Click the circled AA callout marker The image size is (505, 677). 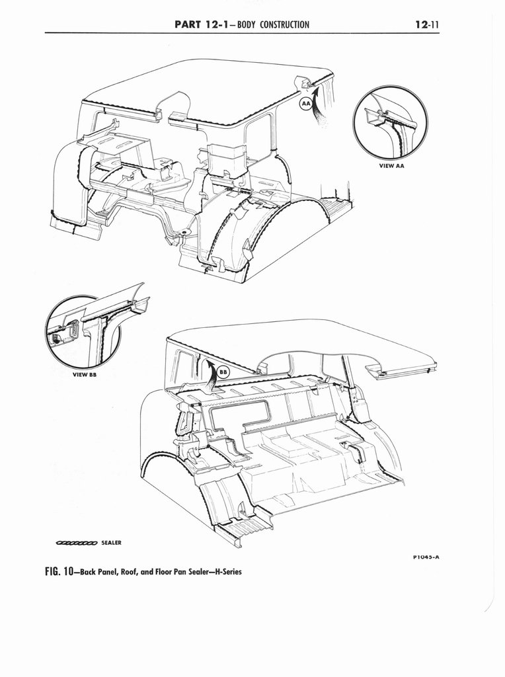pyautogui.click(x=305, y=104)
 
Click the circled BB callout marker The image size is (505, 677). pyautogui.click(x=223, y=372)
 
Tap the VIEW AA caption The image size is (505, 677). pyautogui.click(x=391, y=166)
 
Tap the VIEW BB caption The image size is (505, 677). pyautogui.click(x=84, y=375)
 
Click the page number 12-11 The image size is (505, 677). pyautogui.click(x=426, y=24)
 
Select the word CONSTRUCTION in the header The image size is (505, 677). pyautogui.click(x=284, y=24)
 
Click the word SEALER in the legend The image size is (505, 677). pyautogui.click(x=111, y=543)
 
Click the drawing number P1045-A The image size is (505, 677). pyautogui.click(x=426, y=557)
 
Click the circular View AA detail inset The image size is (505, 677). pyautogui.click(x=391, y=123)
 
